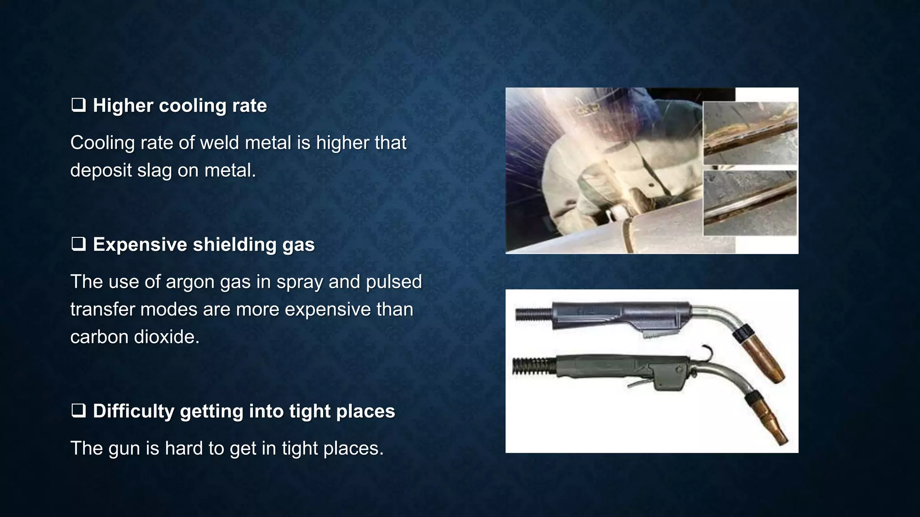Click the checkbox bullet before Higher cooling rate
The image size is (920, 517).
(x=79, y=106)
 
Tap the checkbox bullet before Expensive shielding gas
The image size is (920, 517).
(x=79, y=245)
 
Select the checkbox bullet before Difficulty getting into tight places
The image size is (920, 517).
(x=79, y=412)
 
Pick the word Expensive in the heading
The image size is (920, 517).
(x=140, y=245)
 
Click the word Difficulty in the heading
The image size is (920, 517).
(x=133, y=412)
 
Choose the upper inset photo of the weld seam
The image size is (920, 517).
(x=749, y=133)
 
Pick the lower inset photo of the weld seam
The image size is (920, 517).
(x=749, y=203)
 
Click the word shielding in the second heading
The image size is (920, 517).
(x=234, y=245)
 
